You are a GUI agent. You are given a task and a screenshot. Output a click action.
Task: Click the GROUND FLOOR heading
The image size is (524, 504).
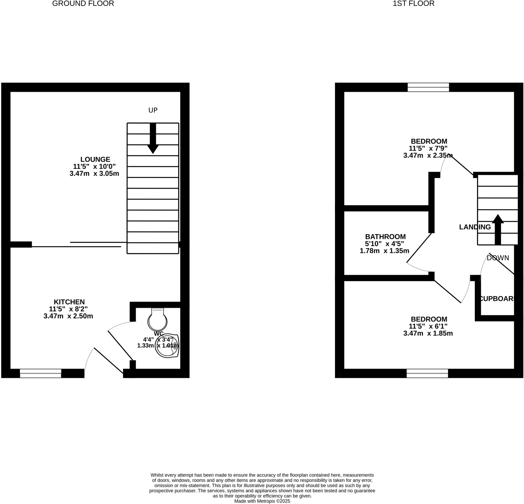click(83, 4)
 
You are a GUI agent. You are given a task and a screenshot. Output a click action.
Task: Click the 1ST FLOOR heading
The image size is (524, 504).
click(413, 4)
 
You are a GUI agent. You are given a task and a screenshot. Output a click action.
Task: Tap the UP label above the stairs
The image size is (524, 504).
click(153, 110)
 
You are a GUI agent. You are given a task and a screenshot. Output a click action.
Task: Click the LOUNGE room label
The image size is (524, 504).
click(95, 159)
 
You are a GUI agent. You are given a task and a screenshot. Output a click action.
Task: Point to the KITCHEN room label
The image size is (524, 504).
click(69, 302)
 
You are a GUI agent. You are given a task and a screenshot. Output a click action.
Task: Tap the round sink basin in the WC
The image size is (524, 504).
click(167, 346)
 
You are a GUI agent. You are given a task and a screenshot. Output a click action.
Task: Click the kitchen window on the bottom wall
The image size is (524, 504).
click(41, 373)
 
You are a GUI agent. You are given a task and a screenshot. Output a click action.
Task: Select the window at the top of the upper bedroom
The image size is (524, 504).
click(428, 87)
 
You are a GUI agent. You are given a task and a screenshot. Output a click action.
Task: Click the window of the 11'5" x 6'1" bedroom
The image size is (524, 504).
click(427, 373)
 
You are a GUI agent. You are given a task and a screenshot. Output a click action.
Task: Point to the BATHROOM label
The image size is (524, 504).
click(385, 237)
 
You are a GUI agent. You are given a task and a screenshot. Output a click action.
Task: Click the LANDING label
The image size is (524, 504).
click(475, 227)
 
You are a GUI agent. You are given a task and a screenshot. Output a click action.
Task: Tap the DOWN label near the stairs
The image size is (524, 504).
click(498, 258)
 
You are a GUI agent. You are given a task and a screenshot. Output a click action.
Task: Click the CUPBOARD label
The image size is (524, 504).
click(497, 298)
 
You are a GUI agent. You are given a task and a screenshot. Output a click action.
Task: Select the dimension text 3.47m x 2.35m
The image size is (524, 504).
click(428, 155)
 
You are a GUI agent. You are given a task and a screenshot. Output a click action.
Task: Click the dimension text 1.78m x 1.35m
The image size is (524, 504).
click(384, 251)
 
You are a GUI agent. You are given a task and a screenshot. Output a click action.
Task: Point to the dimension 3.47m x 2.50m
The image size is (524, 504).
click(68, 316)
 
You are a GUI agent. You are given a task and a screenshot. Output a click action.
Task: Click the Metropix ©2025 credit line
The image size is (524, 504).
click(262, 501)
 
